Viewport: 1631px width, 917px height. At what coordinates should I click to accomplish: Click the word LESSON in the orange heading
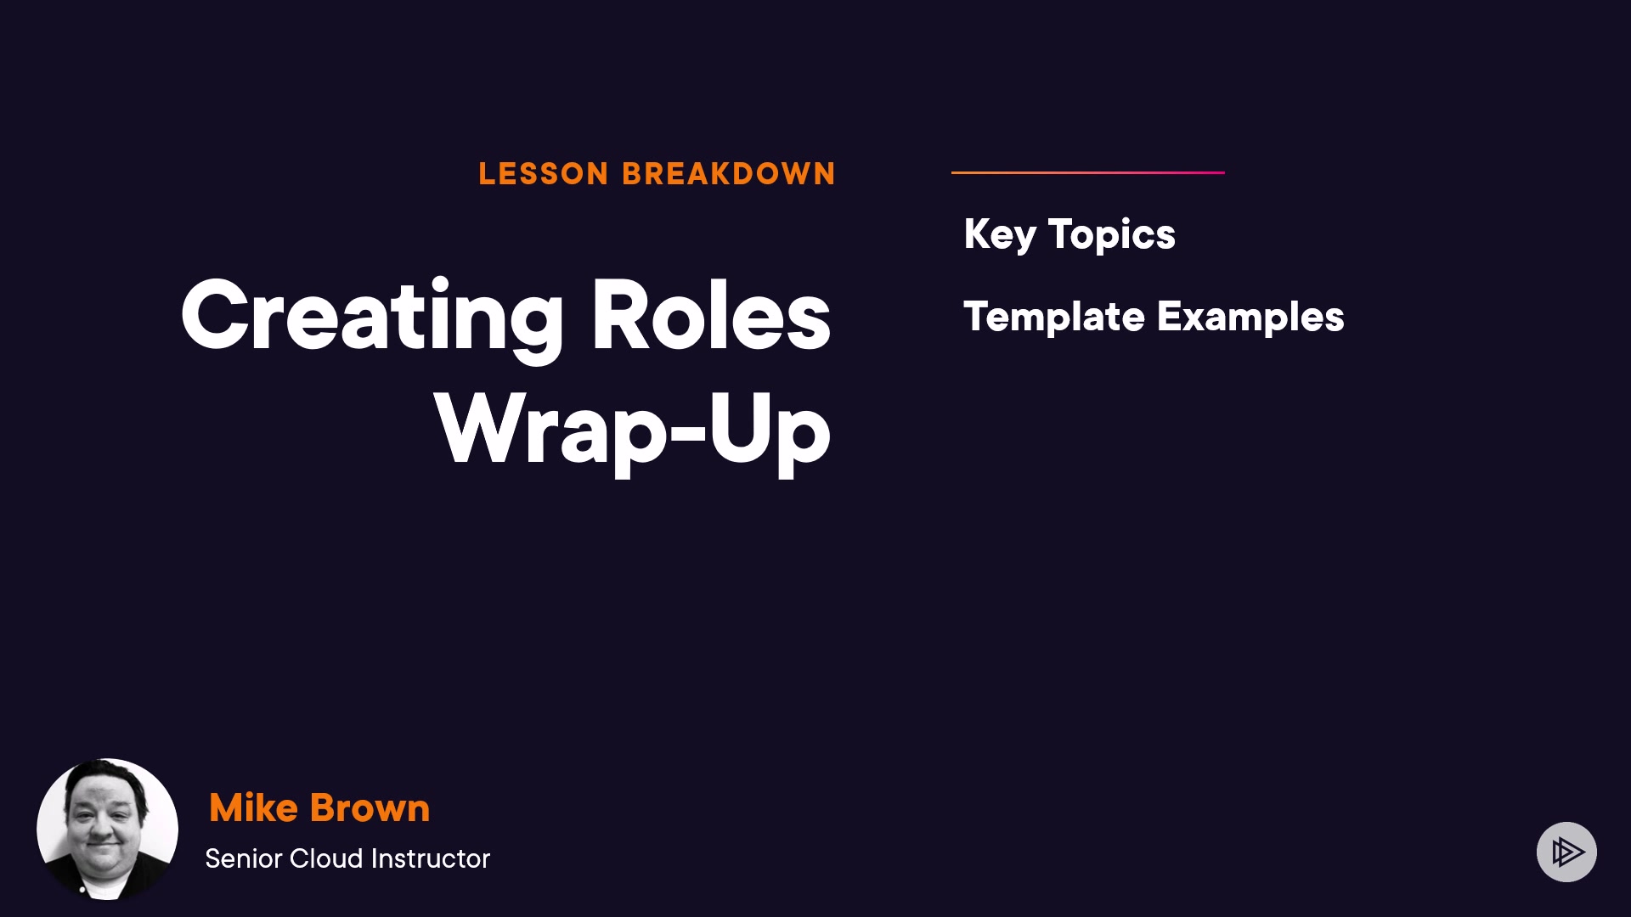click(x=544, y=174)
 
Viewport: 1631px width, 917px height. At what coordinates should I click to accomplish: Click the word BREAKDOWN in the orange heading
click(x=729, y=174)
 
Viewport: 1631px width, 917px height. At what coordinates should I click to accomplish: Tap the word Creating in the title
click(x=372, y=316)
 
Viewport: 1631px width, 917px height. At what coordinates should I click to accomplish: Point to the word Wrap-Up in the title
click(x=633, y=431)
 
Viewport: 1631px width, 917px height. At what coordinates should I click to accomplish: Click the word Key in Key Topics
click(x=1000, y=235)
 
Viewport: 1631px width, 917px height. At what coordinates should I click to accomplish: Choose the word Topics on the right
click(x=1112, y=235)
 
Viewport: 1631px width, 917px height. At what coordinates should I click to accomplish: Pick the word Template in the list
click(x=1054, y=318)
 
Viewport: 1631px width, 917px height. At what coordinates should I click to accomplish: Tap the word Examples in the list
click(x=1250, y=318)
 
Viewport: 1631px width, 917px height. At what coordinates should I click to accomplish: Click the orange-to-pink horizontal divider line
click(x=1088, y=172)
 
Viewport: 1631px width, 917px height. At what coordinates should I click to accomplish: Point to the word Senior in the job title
click(x=243, y=858)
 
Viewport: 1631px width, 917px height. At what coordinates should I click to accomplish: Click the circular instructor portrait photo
click(x=107, y=829)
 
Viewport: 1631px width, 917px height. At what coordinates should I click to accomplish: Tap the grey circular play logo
click(x=1566, y=852)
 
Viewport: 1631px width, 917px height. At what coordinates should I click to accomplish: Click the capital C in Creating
click(x=221, y=314)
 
